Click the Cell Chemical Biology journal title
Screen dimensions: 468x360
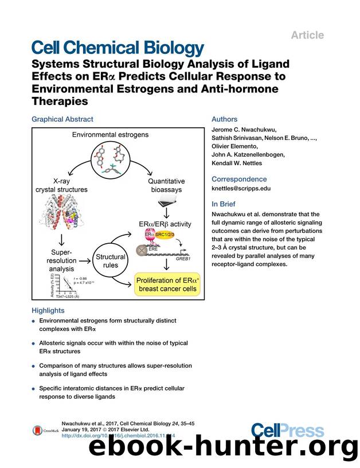click(x=117, y=48)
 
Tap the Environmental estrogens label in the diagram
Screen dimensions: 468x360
click(x=111, y=135)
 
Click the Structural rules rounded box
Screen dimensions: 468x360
click(x=111, y=262)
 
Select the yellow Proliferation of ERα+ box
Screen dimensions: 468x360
click(x=166, y=284)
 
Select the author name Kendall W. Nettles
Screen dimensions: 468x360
click(x=238, y=163)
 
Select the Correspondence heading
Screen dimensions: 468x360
click(x=239, y=179)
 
